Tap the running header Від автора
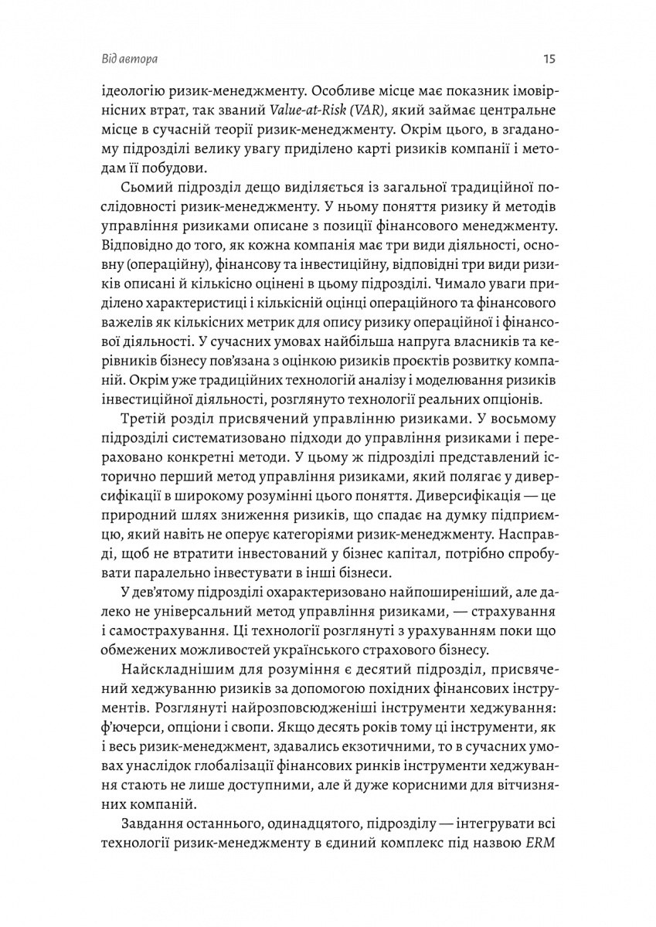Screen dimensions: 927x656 (134, 59)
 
